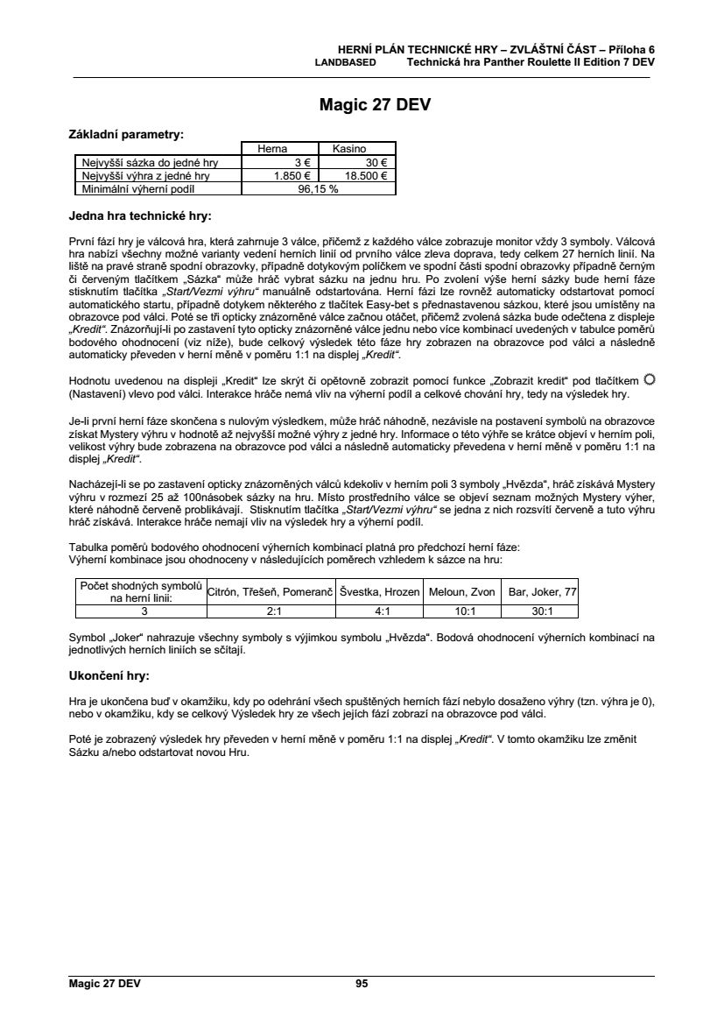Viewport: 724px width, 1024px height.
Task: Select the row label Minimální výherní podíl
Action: click(137, 188)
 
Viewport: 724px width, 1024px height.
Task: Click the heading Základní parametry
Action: click(126, 135)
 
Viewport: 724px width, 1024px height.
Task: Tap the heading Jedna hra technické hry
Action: click(139, 215)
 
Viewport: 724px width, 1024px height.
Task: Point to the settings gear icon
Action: click(648, 379)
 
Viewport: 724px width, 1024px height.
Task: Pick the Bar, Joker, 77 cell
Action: click(543, 592)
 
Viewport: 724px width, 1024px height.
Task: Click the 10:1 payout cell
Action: click(462, 611)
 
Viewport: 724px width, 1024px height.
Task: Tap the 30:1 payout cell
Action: click(543, 611)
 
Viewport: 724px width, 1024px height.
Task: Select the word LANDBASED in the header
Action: click(345, 63)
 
